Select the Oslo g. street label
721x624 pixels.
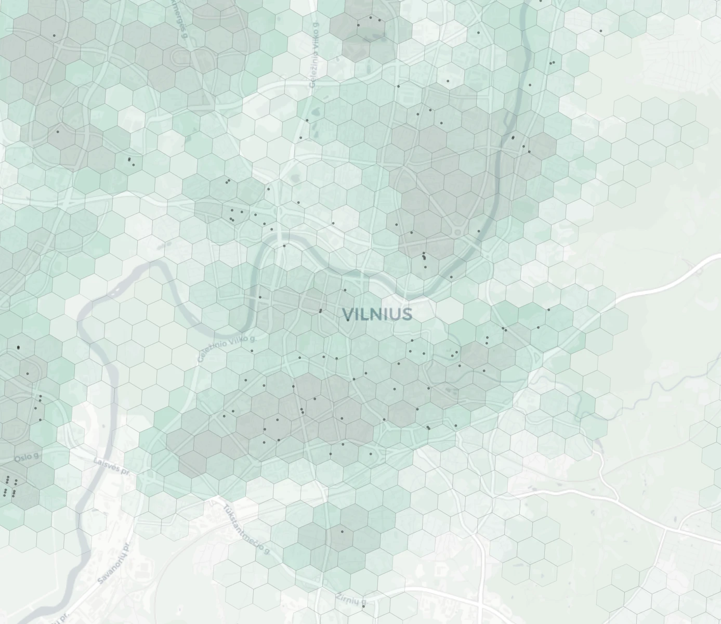coord(27,457)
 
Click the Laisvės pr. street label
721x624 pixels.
coord(112,465)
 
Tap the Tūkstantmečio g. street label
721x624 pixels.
coord(247,528)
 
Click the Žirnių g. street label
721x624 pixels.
coord(348,599)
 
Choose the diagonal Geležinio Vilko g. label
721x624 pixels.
coord(227,349)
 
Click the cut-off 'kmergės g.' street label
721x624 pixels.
coord(178,18)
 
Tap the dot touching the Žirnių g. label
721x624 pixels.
coord(363,606)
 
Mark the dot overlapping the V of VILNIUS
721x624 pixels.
coord(348,320)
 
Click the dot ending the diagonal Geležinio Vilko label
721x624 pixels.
coord(252,350)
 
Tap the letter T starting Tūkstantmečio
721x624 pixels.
coord(227,507)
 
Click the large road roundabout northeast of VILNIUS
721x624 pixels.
coord(458,232)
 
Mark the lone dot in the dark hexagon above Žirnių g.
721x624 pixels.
coord(342,531)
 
